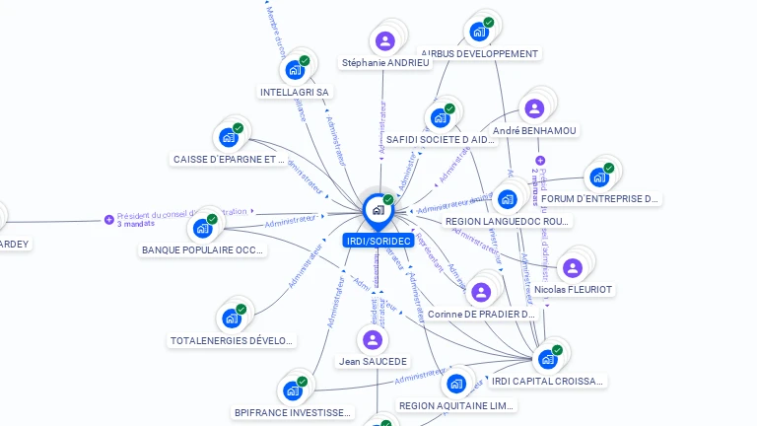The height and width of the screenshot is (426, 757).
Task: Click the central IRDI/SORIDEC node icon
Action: pyautogui.click(x=378, y=209)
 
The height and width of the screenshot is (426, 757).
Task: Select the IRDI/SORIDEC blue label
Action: pyautogui.click(x=378, y=241)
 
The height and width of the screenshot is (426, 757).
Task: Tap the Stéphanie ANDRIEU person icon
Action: pyautogui.click(x=385, y=41)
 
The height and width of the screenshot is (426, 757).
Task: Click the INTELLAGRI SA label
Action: pyautogui.click(x=294, y=93)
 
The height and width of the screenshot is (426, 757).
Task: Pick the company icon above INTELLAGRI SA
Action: pyautogui.click(x=294, y=70)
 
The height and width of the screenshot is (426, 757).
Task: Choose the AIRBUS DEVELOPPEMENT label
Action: pyautogui.click(x=480, y=53)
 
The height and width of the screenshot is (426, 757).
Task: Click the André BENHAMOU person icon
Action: pyautogui.click(x=534, y=108)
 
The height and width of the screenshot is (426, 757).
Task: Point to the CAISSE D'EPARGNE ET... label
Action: pyautogui.click(x=229, y=159)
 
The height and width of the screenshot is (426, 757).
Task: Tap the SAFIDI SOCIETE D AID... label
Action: pyautogui.click(x=441, y=140)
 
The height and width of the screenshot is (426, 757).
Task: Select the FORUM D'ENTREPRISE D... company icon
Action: pyautogui.click(x=598, y=178)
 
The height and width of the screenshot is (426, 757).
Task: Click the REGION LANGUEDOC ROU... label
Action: pyautogui.click(x=509, y=222)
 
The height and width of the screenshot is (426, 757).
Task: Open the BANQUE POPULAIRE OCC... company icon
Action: pyautogui.click(x=203, y=228)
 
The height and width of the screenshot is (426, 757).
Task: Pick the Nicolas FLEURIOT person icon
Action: pyautogui.click(x=572, y=268)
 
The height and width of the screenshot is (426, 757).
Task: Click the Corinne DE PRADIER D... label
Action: pyautogui.click(x=481, y=315)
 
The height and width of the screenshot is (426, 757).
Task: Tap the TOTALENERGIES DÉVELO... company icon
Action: pyautogui.click(x=231, y=319)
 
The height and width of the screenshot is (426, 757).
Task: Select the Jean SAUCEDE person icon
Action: pyautogui.click(x=373, y=340)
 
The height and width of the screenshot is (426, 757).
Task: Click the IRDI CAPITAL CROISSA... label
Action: pyautogui.click(x=547, y=381)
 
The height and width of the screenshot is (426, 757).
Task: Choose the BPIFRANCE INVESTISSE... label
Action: pyautogui.click(x=293, y=412)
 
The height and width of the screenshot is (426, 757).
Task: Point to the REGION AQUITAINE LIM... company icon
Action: pyautogui.click(x=455, y=383)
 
